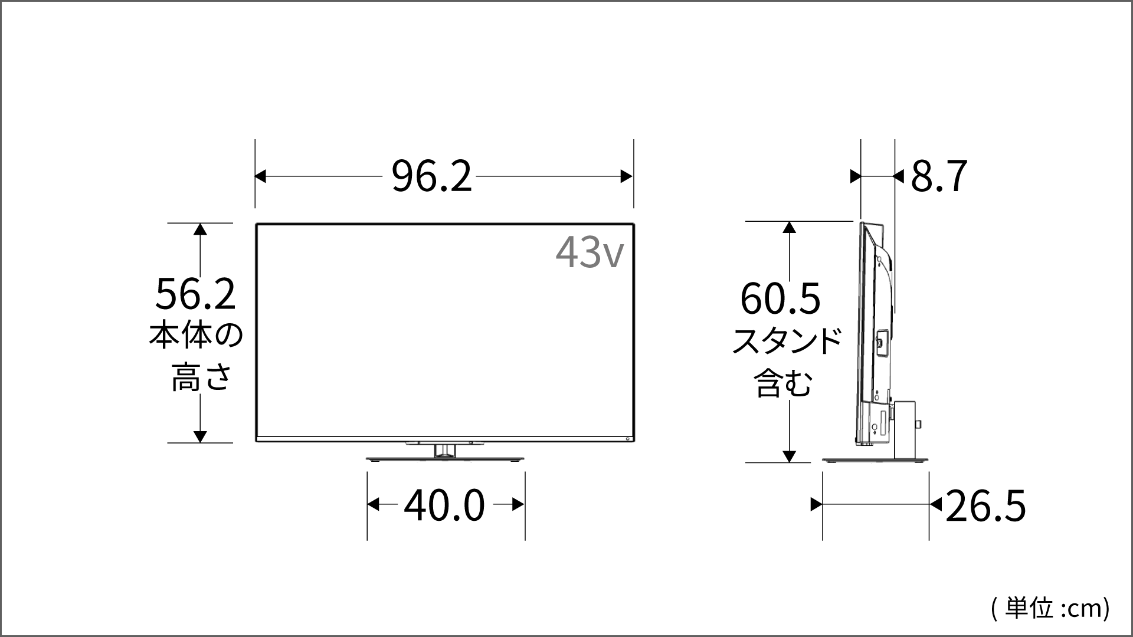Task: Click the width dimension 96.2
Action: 432,176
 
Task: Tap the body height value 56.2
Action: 195,294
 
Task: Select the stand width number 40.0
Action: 444,505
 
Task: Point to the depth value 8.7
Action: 939,176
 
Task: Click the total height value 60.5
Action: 780,298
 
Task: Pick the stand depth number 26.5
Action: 985,505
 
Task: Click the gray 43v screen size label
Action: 589,252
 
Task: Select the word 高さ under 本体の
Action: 200,377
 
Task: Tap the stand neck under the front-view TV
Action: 445,451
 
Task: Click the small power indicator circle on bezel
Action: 627,439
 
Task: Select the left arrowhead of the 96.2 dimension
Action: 260,176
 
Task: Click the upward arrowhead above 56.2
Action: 201,229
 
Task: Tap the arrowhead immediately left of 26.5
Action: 935,505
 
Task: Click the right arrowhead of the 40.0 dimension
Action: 518,505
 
